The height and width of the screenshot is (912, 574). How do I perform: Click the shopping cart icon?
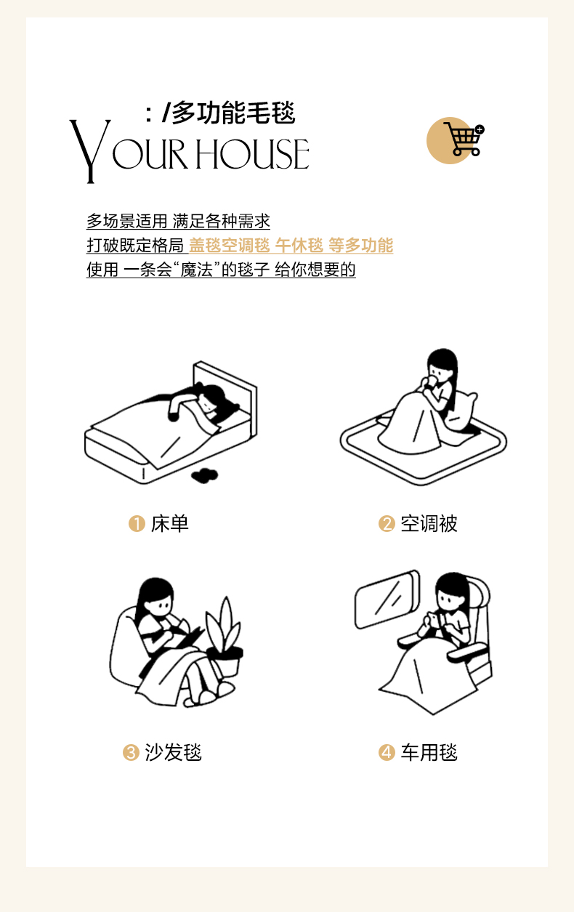[464, 140]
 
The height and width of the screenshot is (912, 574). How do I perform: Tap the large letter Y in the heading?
[90, 151]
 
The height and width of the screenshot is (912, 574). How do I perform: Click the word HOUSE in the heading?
[252, 153]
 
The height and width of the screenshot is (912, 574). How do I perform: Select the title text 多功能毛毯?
[234, 113]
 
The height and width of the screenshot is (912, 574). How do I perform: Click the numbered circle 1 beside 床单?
[137, 524]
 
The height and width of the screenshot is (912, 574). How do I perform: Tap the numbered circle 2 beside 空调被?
[387, 524]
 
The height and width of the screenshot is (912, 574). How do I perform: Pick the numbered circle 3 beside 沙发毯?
[131, 752]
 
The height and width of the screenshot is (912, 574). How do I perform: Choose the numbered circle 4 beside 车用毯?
[387, 752]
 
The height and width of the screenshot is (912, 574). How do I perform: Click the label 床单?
[170, 524]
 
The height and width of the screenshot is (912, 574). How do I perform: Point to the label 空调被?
[429, 524]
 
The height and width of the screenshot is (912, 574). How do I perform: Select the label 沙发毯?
[174, 752]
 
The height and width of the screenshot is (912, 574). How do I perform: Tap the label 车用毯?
[429, 752]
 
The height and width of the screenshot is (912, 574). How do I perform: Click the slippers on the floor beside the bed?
[205, 475]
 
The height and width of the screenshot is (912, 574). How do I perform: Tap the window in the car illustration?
[387, 600]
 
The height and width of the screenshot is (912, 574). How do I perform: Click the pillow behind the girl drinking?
[461, 411]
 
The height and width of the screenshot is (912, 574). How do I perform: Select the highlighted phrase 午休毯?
[299, 246]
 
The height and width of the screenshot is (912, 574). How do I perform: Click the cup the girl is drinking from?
[431, 381]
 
